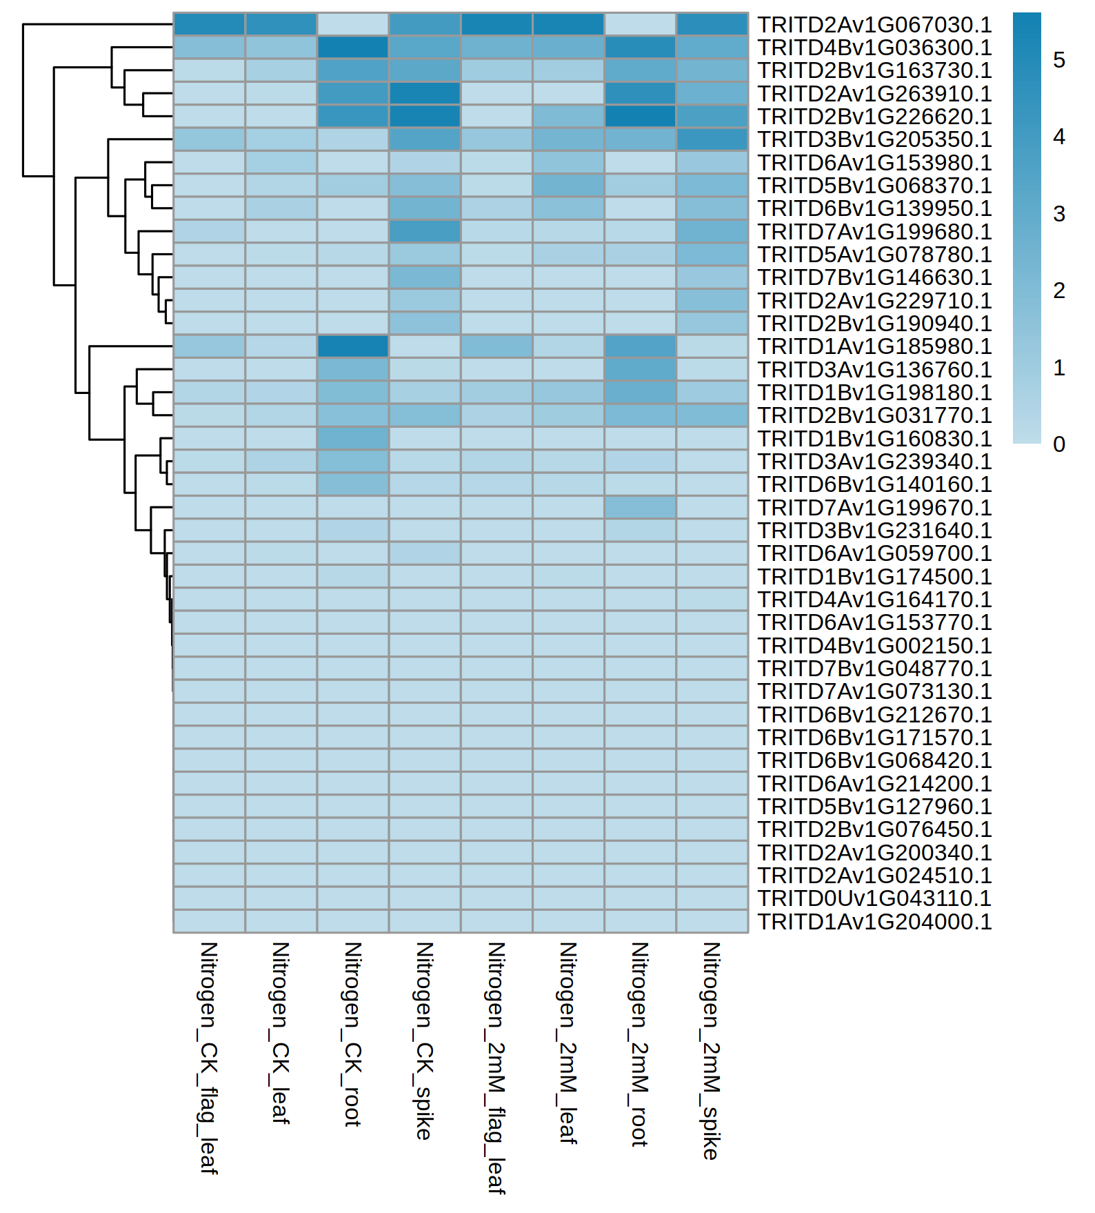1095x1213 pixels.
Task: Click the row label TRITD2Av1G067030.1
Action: (x=874, y=25)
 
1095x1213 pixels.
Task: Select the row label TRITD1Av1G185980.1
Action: (x=874, y=346)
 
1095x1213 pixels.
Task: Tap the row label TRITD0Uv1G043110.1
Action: (x=874, y=898)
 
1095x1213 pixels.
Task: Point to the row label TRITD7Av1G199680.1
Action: (x=874, y=232)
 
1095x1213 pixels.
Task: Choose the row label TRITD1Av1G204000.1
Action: (x=874, y=922)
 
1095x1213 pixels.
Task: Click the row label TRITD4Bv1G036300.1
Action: (x=874, y=48)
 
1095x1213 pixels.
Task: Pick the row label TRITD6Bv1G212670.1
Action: (x=874, y=715)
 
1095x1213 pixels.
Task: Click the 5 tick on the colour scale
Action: (x=1059, y=60)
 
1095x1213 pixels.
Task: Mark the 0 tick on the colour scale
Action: (x=1059, y=444)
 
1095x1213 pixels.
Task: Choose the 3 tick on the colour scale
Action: (x=1059, y=214)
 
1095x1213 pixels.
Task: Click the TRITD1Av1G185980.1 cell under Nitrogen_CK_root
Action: (x=353, y=346)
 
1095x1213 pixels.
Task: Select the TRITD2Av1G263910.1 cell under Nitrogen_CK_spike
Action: (x=425, y=93)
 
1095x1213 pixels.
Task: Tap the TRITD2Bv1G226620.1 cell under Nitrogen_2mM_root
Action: (x=640, y=117)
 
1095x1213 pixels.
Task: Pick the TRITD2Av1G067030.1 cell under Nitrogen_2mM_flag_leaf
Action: (x=496, y=24)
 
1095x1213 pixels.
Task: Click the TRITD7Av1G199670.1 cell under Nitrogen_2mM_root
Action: (x=640, y=507)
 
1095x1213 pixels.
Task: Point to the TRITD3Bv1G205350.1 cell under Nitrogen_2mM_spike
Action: (x=712, y=139)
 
